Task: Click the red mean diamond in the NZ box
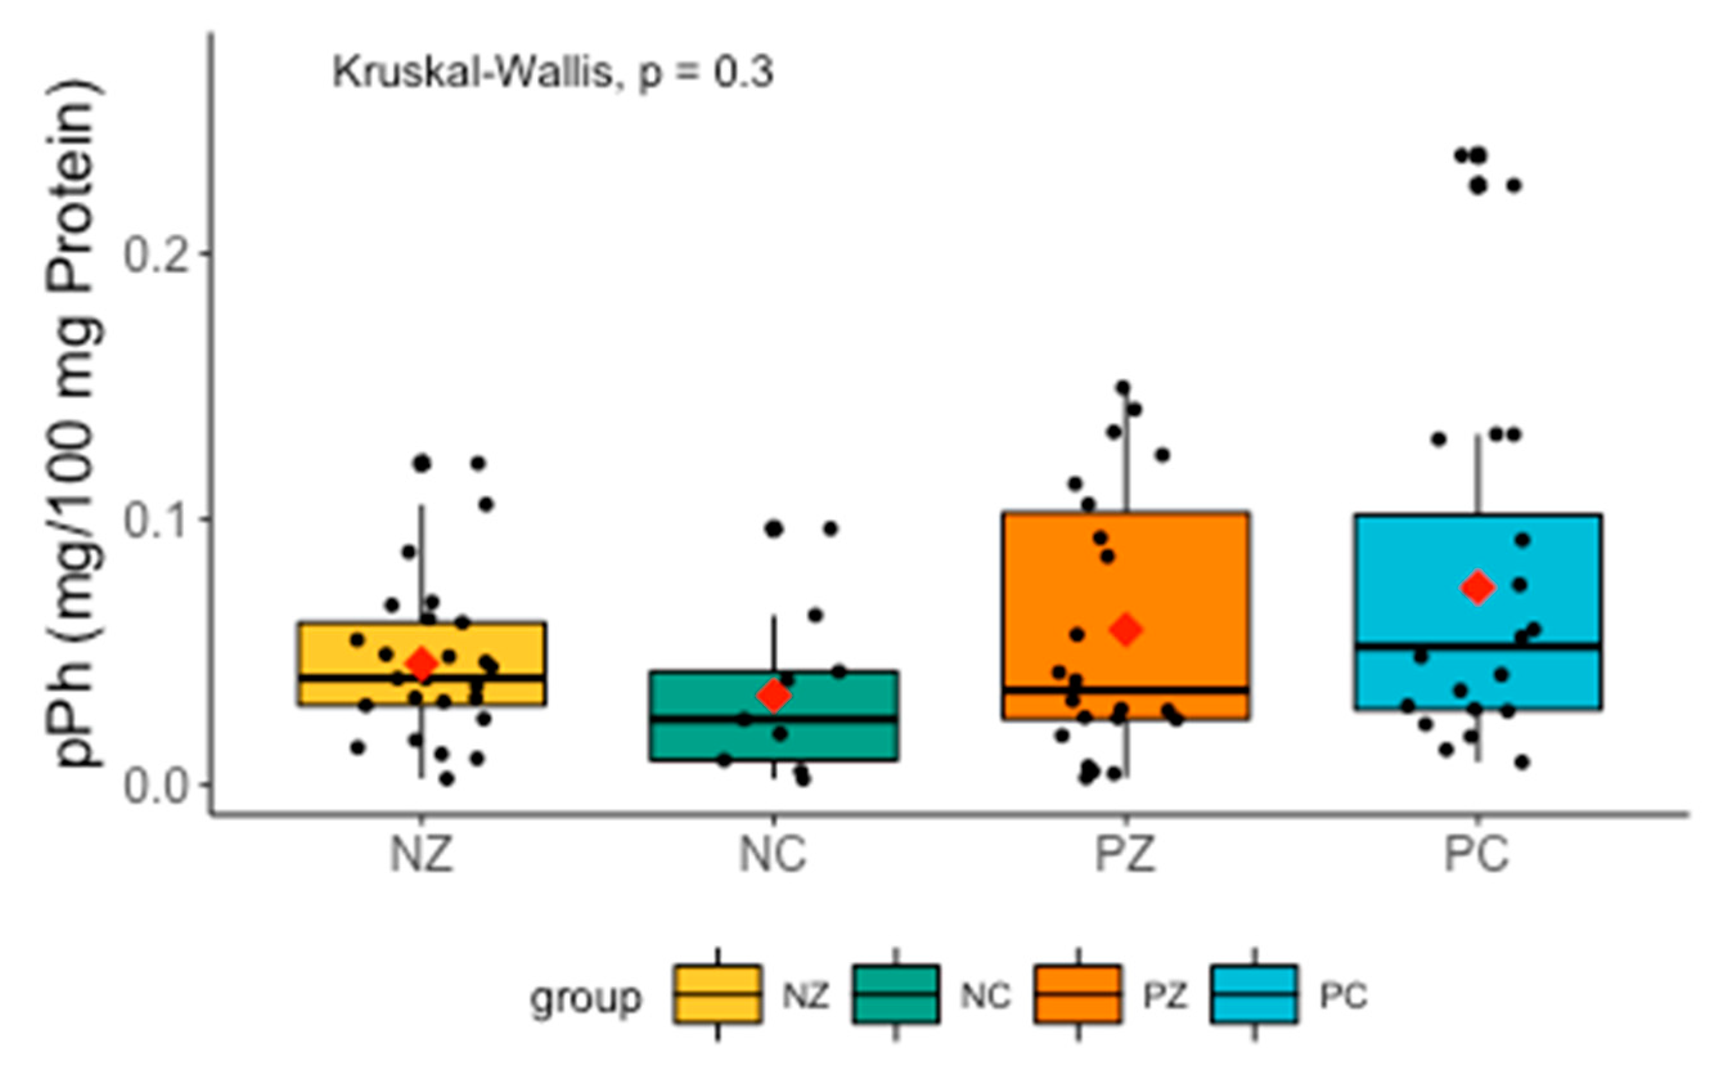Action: [422, 664]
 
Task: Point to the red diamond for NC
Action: [773, 695]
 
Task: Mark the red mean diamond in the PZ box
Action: [1126, 629]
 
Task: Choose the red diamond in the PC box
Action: [1478, 587]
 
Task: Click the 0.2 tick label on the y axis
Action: [158, 254]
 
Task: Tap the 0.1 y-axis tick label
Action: [158, 520]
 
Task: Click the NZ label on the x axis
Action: [421, 855]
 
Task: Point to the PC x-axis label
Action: [1477, 855]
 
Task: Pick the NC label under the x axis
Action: [773, 855]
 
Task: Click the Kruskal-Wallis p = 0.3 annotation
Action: [553, 73]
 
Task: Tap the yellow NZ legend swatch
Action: [717, 994]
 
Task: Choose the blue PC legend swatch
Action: [1254, 994]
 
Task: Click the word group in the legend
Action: [586, 997]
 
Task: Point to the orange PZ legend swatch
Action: [1078, 994]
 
